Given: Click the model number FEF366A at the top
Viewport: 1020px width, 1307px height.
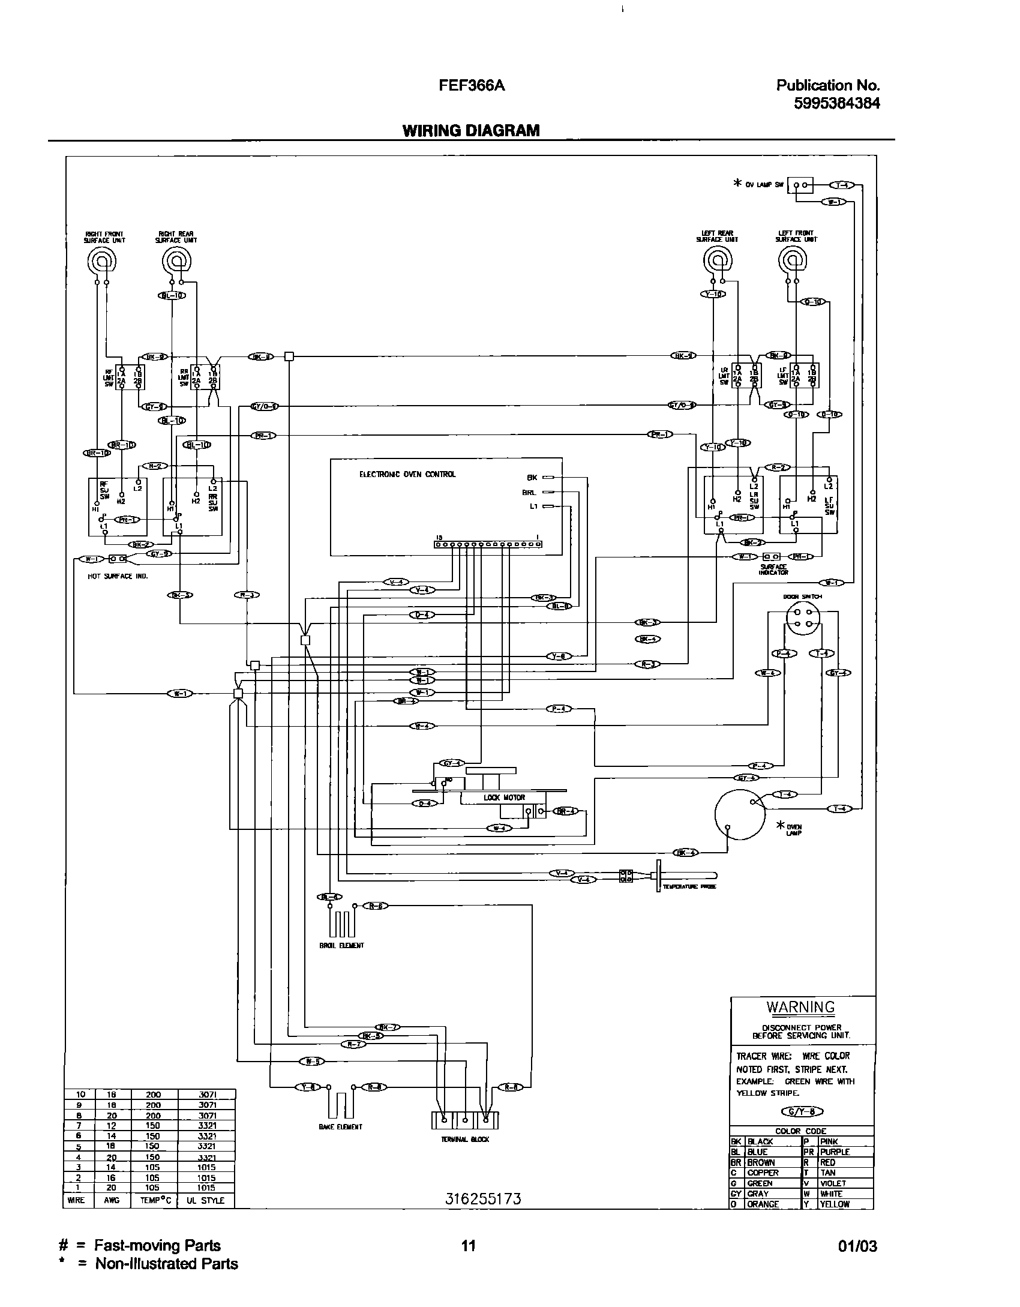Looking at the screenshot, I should click(x=472, y=86).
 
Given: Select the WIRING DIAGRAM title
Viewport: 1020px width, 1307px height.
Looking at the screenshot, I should click(x=471, y=130).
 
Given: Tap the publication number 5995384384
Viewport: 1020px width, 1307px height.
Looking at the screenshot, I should click(x=836, y=103).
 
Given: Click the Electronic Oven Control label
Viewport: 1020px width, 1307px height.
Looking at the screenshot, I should click(x=407, y=474).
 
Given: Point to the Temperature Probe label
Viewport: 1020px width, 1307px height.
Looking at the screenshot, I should click(x=689, y=887).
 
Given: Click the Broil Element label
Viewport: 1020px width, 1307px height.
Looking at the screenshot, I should click(x=341, y=945).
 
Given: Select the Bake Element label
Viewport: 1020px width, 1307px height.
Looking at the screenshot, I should click(x=340, y=1127).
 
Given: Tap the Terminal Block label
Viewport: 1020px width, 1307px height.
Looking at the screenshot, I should click(x=464, y=1139).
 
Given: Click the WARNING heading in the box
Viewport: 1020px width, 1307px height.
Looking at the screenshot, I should click(x=800, y=1007).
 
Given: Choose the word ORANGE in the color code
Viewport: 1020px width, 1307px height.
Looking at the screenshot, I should click(x=763, y=1204).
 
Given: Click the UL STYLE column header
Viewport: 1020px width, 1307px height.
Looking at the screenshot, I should click(x=206, y=1201).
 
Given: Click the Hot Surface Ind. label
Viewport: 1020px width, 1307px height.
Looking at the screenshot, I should click(x=118, y=576).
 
